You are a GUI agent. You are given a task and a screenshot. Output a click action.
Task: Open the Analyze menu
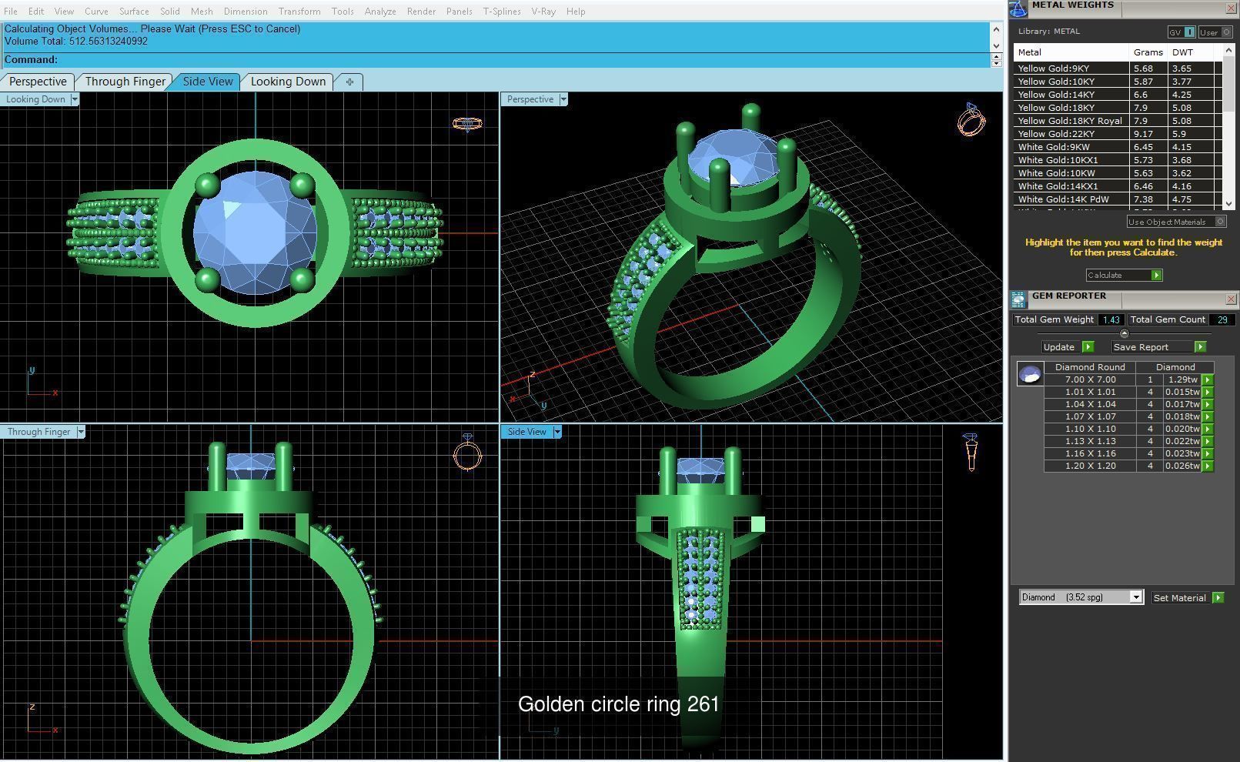pos(380,12)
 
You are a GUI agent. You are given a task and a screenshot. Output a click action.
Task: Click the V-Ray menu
pos(543,12)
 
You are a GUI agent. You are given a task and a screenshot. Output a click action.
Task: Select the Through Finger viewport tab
pos(125,82)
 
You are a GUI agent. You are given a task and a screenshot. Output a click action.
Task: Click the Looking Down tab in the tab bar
pos(288,82)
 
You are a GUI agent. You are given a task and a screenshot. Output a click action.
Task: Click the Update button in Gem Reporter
pos(1059,347)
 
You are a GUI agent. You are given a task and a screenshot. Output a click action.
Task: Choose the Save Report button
pos(1141,347)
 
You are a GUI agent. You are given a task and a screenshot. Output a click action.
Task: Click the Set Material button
pos(1179,598)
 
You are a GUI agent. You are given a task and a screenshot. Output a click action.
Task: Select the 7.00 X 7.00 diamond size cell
pos(1090,379)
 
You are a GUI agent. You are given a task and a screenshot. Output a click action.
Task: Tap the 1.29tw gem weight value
pos(1182,379)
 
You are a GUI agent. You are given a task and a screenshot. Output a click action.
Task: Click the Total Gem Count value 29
pos(1222,319)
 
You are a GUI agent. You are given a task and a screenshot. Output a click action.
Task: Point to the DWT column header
pos(1182,52)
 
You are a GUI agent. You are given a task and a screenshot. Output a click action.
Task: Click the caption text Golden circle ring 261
pos(618,704)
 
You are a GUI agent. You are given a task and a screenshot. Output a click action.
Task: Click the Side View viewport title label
pos(526,432)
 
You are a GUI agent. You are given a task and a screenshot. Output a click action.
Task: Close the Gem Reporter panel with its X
pos(1230,299)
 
